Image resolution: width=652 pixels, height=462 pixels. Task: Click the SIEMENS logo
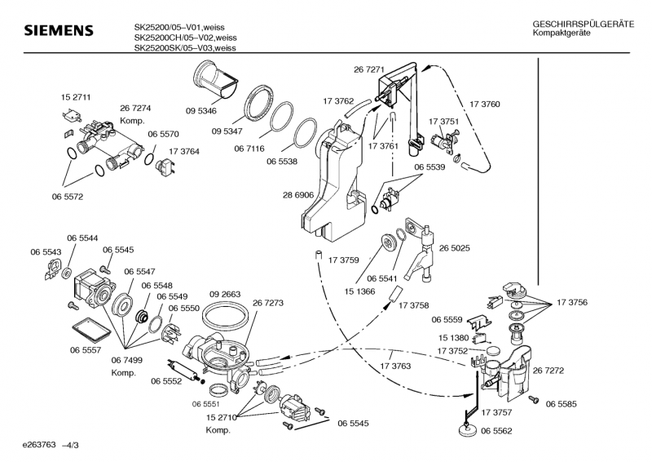pyautogui.click(x=58, y=32)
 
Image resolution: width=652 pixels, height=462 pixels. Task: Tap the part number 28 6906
pyautogui.click(x=298, y=197)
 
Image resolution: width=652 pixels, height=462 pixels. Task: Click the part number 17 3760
pyautogui.click(x=485, y=104)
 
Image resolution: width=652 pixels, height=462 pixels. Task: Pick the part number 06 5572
pyautogui.click(x=68, y=197)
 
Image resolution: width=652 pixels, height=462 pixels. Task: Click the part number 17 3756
pyautogui.click(x=572, y=303)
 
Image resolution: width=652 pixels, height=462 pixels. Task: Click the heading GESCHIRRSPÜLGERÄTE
pyautogui.click(x=583, y=26)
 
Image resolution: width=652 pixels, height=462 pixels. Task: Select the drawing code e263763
pyautogui.click(x=32, y=444)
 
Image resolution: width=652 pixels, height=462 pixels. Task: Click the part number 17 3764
pyautogui.click(x=184, y=152)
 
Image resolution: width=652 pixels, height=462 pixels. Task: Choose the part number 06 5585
pyautogui.click(x=562, y=404)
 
